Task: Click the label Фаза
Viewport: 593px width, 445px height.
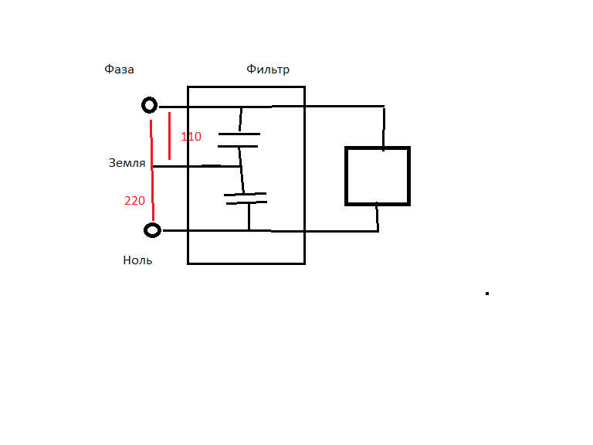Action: [x=119, y=70]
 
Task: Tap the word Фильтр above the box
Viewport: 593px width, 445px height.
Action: [x=268, y=70]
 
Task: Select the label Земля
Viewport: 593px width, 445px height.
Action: [x=127, y=163]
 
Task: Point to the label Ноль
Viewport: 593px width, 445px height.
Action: [x=137, y=260]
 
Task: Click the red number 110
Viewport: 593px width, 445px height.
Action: [x=191, y=136]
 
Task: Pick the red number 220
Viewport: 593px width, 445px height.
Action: [x=134, y=201]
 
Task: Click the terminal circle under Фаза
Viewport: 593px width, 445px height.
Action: [x=149, y=105]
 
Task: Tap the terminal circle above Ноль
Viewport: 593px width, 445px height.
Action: [x=152, y=230]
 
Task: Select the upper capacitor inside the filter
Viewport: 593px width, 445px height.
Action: [x=239, y=140]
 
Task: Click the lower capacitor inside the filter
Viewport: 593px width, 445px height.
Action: [x=246, y=199]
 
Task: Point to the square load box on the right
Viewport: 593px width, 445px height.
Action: [x=378, y=176]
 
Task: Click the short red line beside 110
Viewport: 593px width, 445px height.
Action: [x=169, y=136]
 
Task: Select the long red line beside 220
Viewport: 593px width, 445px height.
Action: [x=152, y=170]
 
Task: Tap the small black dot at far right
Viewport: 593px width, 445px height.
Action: [x=487, y=294]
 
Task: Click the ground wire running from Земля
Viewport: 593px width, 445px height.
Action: [x=196, y=166]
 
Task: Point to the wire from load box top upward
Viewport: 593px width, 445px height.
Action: [x=384, y=130]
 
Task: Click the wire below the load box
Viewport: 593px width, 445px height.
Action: [x=378, y=218]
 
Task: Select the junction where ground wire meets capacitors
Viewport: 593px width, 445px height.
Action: [x=241, y=166]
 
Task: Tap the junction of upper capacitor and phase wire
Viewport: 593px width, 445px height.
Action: [x=241, y=107]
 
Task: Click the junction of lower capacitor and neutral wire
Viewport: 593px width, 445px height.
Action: [x=249, y=230]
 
